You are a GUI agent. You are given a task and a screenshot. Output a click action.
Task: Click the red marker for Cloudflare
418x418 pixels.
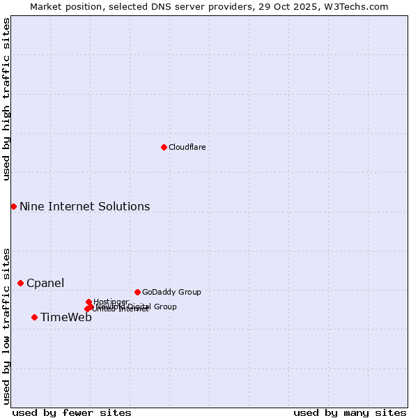164,147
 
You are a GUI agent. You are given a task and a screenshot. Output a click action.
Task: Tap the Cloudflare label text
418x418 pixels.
187,147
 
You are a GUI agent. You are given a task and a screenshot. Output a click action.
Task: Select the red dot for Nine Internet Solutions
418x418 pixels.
13,206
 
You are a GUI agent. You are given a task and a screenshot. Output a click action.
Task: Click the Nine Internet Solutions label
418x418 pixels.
84,206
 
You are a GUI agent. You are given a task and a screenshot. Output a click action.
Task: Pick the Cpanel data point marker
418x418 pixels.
20,283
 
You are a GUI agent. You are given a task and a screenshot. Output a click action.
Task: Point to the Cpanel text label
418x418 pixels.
45,283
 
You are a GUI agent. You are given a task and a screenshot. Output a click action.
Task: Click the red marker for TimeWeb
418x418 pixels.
34,317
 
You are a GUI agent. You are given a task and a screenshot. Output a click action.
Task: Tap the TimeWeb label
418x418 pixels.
65,318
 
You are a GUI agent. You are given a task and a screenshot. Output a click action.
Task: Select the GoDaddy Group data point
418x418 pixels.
137,292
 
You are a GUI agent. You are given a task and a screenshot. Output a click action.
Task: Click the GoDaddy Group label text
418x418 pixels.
171,292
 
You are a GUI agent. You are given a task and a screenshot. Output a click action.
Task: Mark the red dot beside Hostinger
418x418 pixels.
88,302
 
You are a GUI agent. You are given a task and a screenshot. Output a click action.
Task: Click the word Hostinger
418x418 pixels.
111,301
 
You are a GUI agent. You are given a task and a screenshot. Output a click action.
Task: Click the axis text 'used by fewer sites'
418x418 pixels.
72,412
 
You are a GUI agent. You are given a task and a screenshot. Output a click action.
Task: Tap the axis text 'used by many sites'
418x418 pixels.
350,412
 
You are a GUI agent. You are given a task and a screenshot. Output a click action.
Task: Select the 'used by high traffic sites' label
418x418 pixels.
6,99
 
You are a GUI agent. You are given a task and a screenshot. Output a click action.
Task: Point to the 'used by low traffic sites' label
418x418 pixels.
6,325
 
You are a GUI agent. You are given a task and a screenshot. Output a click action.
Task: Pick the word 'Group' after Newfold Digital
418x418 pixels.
165,307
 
